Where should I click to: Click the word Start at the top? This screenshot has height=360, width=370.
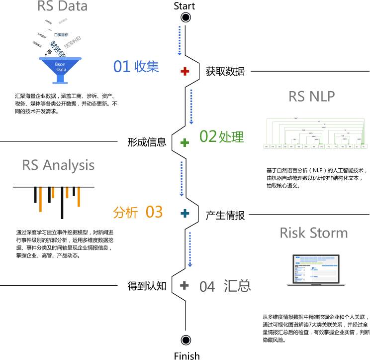click(x=185, y=6)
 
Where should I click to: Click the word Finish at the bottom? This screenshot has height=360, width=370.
click(x=186, y=355)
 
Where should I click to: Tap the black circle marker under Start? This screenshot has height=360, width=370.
click(x=186, y=18)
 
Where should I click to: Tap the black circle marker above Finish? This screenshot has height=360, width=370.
click(x=186, y=340)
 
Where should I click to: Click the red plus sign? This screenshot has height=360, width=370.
click(x=185, y=72)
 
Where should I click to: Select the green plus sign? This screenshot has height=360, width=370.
click(x=185, y=143)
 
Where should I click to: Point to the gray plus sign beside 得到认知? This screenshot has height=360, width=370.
click(x=185, y=285)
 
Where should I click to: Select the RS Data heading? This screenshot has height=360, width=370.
click(x=63, y=6)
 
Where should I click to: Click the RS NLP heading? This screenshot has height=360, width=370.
click(x=311, y=96)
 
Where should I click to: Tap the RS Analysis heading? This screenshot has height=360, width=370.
click(x=58, y=165)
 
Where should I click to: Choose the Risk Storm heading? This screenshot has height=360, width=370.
click(x=313, y=233)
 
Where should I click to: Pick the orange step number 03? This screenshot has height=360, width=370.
click(x=154, y=212)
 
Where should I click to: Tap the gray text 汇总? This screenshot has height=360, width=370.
click(x=237, y=285)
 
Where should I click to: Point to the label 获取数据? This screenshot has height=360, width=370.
click(x=225, y=71)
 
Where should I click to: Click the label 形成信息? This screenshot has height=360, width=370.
click(x=147, y=142)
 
